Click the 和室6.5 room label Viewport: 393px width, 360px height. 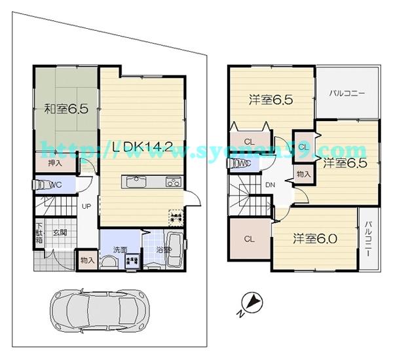(66, 109)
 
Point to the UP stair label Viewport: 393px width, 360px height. (86, 206)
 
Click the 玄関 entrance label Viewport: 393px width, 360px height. (60, 232)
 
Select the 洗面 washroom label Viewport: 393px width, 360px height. (119, 249)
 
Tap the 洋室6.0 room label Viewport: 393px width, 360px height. (314, 239)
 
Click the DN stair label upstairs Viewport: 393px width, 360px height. (270, 186)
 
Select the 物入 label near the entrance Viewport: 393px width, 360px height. (87, 261)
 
